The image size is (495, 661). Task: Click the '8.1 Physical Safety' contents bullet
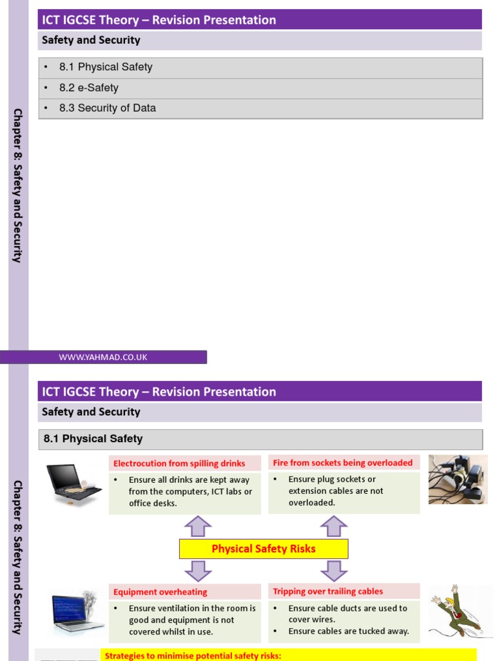click(x=106, y=67)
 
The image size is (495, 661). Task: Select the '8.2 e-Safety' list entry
click(x=89, y=88)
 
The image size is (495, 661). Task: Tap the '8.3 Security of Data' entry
click(x=108, y=108)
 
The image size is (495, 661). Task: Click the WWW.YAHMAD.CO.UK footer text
click(x=103, y=357)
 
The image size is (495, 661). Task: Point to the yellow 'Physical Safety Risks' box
click(x=264, y=549)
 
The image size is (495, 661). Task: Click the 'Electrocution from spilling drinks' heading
click(x=179, y=463)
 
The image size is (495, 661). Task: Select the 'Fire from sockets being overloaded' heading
click(x=343, y=463)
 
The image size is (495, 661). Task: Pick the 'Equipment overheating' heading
click(x=160, y=592)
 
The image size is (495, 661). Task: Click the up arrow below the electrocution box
click(x=198, y=526)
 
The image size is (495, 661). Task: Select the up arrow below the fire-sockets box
click(x=334, y=526)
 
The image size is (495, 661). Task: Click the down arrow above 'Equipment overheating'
click(x=198, y=571)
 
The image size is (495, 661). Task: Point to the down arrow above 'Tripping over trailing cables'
click(x=334, y=571)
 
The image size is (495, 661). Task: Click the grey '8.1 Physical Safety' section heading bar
click(x=260, y=439)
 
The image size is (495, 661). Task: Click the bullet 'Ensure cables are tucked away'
click(x=349, y=631)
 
